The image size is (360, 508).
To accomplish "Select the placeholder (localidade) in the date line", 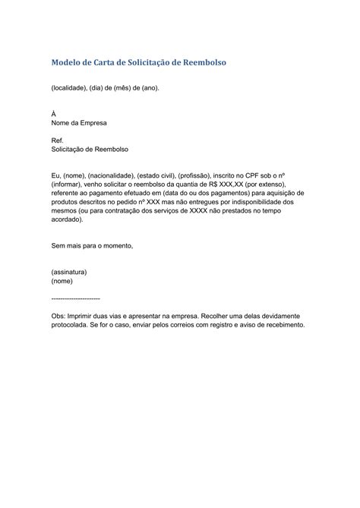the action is coord(71,87).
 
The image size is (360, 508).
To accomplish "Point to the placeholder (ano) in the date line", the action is coord(149,87).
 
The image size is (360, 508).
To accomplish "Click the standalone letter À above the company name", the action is coord(53,112).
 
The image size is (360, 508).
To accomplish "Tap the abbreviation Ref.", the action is coord(57,141).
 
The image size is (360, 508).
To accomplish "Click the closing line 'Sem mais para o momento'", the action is coord(92,246).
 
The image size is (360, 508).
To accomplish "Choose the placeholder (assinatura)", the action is coord(69,271).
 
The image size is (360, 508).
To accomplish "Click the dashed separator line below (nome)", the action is coord(75,299).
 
